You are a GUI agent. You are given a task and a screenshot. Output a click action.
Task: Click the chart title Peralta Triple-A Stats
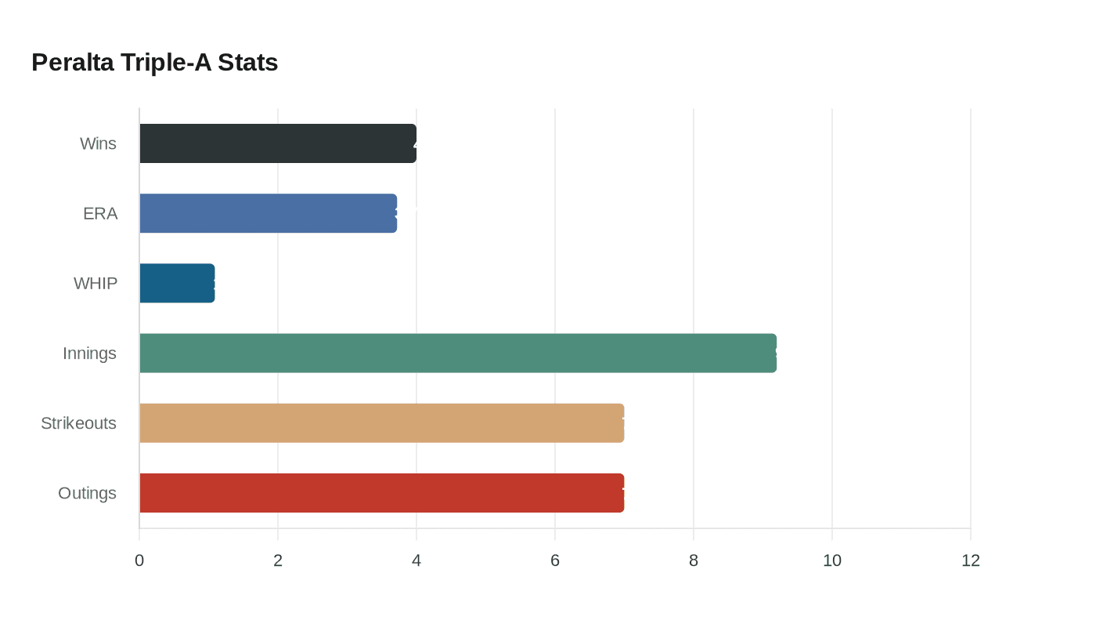(154, 62)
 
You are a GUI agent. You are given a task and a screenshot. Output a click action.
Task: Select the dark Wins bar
(278, 143)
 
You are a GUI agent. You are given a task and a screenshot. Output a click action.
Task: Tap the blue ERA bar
(268, 213)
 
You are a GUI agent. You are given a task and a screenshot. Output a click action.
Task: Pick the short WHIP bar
(177, 283)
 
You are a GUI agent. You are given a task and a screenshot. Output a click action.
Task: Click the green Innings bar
(458, 353)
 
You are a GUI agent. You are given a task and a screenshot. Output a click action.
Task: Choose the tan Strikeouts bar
(381, 423)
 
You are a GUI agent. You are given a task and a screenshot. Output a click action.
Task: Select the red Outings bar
(381, 493)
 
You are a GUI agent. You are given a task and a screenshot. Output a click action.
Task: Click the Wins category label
(98, 143)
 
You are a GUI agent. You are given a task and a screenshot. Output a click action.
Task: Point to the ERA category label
(100, 213)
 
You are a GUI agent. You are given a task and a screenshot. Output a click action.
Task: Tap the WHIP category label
(96, 283)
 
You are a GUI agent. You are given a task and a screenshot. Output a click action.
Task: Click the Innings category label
(89, 353)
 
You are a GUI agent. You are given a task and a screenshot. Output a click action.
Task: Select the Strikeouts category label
(78, 423)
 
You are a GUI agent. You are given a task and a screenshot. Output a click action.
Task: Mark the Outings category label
(87, 493)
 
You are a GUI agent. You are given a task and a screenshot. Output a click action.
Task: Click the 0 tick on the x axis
(139, 560)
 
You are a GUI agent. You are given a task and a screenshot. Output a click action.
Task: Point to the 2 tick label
(278, 560)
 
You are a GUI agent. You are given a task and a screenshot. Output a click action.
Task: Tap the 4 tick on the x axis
(416, 560)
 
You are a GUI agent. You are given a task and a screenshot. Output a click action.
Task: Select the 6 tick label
(555, 560)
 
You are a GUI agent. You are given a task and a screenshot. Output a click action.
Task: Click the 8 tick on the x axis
(694, 560)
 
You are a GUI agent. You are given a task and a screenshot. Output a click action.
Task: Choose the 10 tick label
(832, 560)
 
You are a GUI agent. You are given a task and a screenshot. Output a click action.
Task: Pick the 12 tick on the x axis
(971, 560)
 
